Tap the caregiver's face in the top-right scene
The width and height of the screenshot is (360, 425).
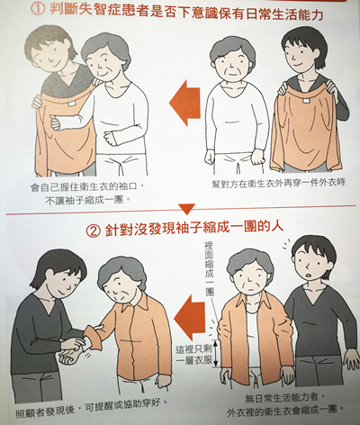pyautogui.click(x=299, y=53)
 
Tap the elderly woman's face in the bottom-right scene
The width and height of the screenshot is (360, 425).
pyautogui.click(x=249, y=275)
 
